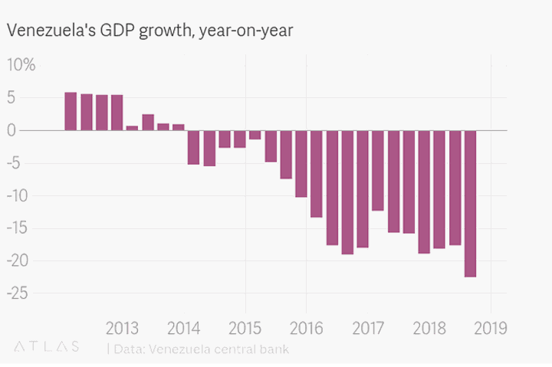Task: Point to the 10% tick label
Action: [x=21, y=65]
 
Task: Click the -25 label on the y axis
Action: [x=19, y=293]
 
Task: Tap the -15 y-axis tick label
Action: [x=19, y=228]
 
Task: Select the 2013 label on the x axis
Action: [x=122, y=329]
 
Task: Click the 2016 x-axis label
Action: [x=306, y=329]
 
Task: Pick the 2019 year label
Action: [x=491, y=329]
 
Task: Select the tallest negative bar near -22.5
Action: [x=470, y=204]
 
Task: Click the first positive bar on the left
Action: [x=71, y=112]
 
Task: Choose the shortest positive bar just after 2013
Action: [x=132, y=128]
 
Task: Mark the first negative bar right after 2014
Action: [x=193, y=147]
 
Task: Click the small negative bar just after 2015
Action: [x=255, y=135]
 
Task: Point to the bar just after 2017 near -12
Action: [x=377, y=170]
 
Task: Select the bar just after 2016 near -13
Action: [x=316, y=174]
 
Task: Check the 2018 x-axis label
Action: [x=429, y=329]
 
